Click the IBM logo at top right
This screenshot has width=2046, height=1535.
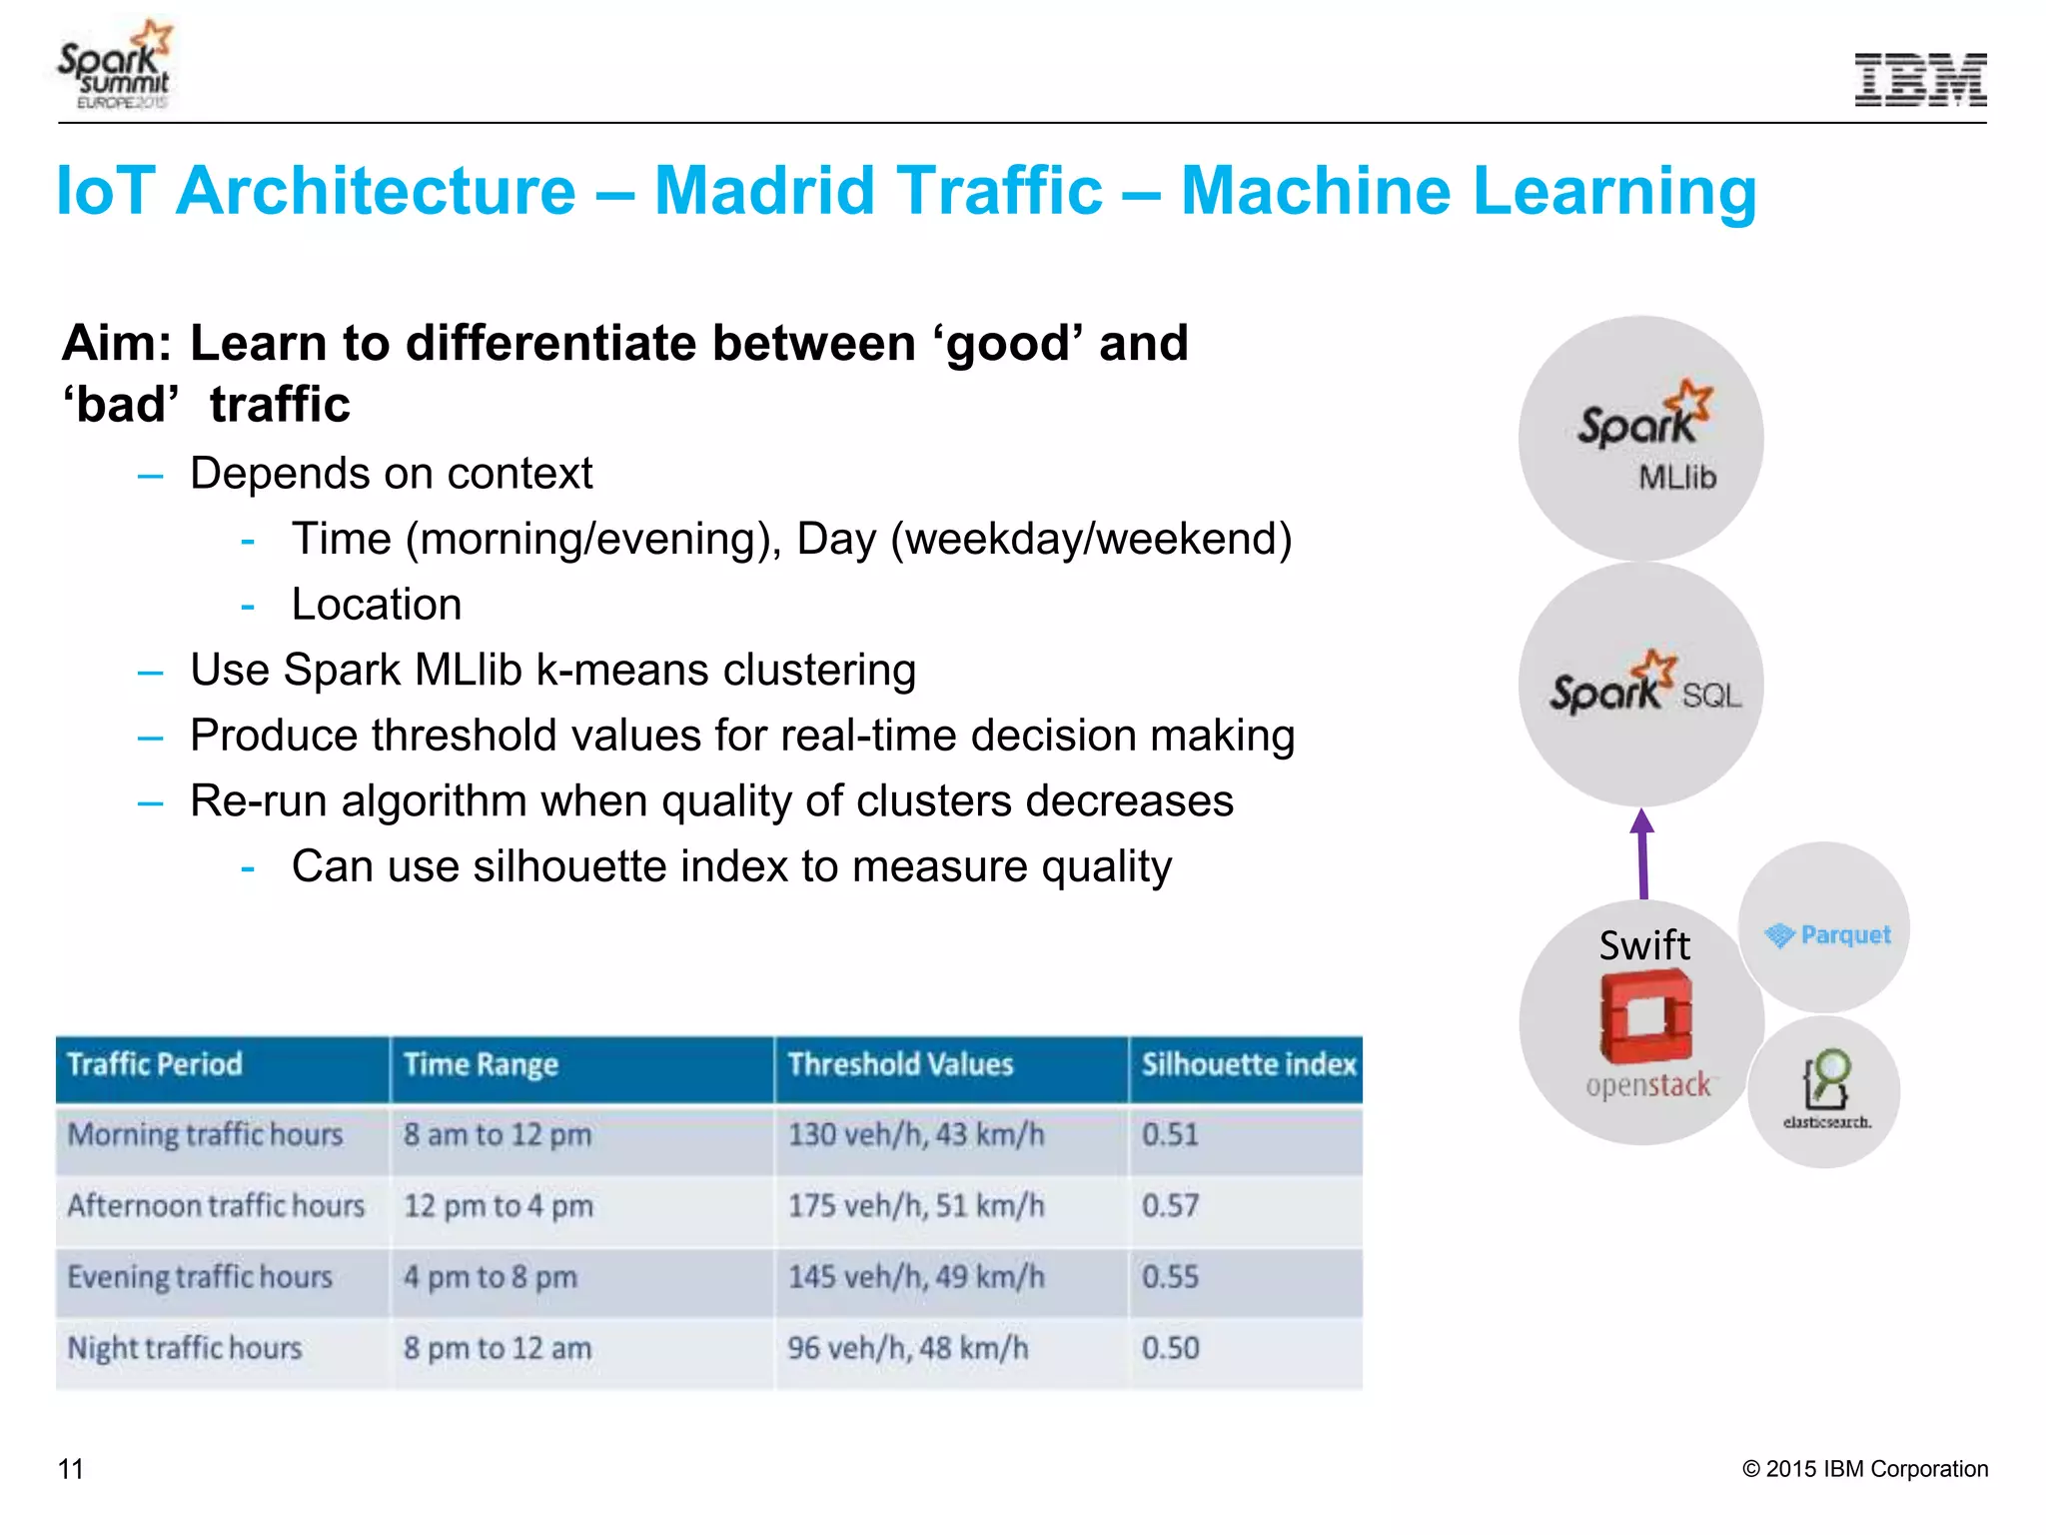click(1920, 79)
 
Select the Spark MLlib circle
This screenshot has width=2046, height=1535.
click(1640, 438)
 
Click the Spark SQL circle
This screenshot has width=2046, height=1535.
click(1640, 686)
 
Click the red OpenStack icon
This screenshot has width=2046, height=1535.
click(1645, 1016)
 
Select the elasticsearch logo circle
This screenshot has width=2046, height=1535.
click(1824, 1091)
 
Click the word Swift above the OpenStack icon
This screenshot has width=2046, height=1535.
click(1644, 945)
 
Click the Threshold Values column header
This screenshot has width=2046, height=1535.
click(900, 1064)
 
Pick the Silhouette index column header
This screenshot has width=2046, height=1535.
click(1249, 1064)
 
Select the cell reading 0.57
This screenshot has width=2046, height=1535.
click(1170, 1205)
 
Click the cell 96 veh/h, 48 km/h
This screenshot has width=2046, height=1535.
click(907, 1348)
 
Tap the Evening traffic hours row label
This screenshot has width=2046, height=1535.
click(200, 1277)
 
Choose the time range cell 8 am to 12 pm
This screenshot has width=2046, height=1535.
click(498, 1135)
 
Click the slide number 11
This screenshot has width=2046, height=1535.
click(71, 1469)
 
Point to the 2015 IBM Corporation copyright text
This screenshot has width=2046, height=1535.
click(1864, 1469)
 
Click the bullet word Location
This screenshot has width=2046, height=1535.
click(377, 605)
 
